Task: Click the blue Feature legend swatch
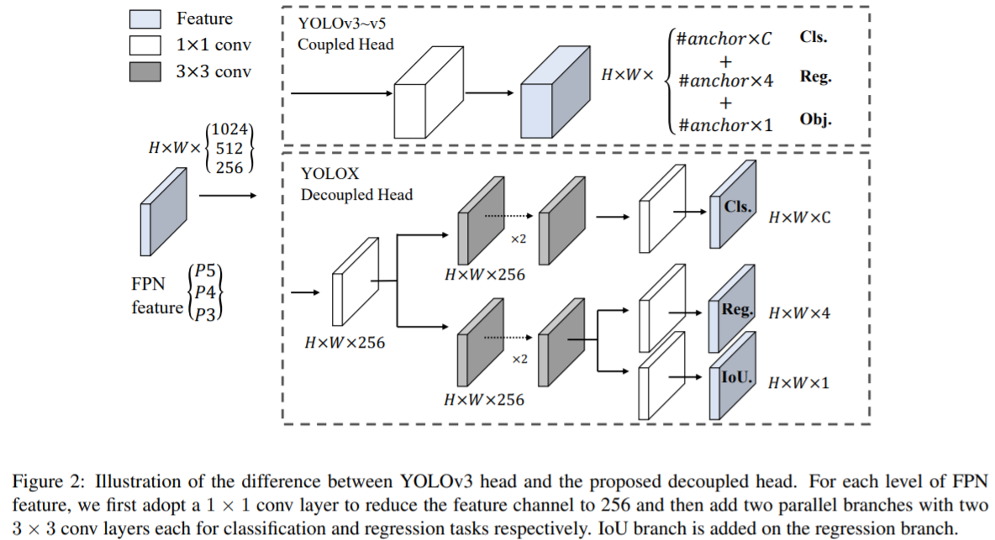[145, 18]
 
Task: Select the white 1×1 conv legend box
[145, 45]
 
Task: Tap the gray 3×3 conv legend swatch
[145, 71]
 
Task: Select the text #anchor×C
[724, 39]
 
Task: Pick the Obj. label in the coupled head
[815, 120]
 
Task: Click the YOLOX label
[329, 174]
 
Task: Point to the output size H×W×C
[799, 217]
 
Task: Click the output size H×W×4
[799, 313]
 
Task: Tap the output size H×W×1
[799, 382]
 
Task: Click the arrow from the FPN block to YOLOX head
[227, 196]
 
